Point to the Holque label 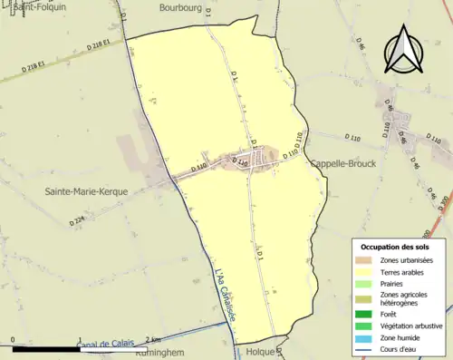click(x=260, y=350)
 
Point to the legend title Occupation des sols click(x=396, y=247)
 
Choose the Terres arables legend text click(x=403, y=271)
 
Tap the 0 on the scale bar click(x=13, y=341)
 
